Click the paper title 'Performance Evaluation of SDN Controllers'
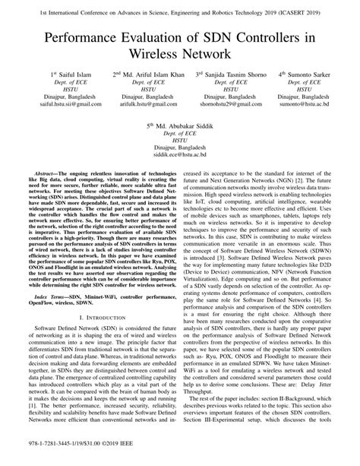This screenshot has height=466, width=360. click(x=179, y=36)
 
